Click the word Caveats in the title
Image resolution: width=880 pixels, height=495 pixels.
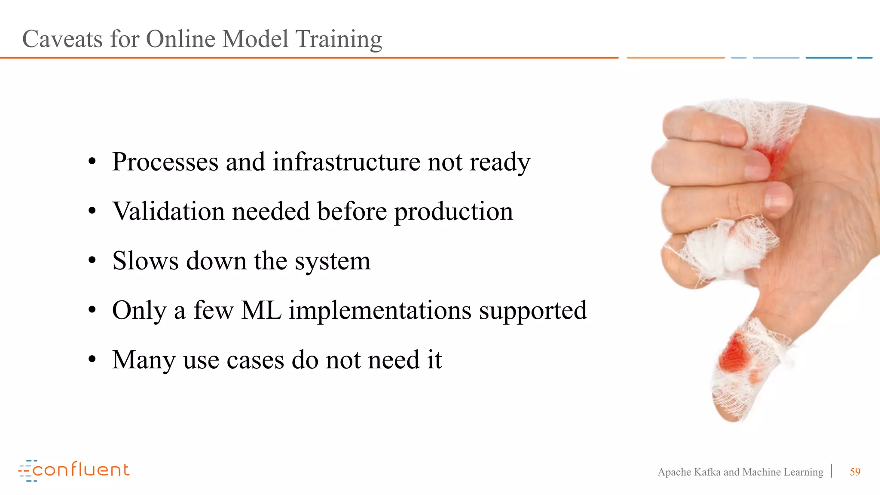tap(62, 39)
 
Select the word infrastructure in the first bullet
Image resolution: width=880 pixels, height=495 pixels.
tap(346, 162)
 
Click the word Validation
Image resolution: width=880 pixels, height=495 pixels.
tap(168, 211)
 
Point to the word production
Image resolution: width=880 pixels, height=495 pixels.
tap(453, 211)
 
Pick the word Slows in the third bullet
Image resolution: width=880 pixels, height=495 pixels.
tap(145, 261)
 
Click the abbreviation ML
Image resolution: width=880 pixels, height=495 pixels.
tap(261, 310)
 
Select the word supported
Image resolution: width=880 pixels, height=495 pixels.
tap(533, 310)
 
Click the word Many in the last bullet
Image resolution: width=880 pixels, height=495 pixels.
tap(144, 360)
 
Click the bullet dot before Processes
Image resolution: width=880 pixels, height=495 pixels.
tap(92, 162)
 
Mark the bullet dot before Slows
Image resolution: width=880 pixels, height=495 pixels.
tap(92, 261)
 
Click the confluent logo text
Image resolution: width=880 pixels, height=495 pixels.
tap(80, 470)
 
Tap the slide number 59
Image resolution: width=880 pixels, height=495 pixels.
tap(855, 472)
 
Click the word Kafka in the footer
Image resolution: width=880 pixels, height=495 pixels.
tap(707, 472)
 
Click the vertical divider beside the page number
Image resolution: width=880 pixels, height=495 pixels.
tap(832, 471)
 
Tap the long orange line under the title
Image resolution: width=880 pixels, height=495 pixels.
tap(309, 58)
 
